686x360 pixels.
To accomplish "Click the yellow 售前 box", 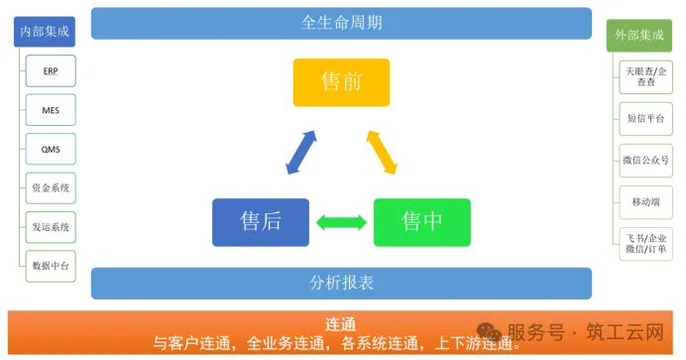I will click(x=341, y=82).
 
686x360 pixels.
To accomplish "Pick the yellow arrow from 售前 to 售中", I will click(x=382, y=151).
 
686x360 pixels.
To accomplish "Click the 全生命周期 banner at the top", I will click(x=341, y=23).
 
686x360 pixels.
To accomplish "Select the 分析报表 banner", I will click(x=341, y=283).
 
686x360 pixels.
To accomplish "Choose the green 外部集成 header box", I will click(x=638, y=36).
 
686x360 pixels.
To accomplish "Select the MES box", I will click(x=51, y=111).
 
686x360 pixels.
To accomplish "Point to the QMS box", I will click(x=51, y=150).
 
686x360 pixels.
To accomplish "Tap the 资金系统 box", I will click(x=51, y=187).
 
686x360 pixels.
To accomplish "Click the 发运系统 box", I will click(x=51, y=226).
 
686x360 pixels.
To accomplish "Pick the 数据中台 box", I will click(x=51, y=265).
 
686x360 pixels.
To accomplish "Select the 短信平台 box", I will click(x=645, y=116).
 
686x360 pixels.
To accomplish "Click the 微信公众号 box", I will click(x=645, y=159).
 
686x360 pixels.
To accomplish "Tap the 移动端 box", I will click(x=645, y=201).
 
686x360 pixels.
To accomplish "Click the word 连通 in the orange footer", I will click(x=340, y=324).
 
